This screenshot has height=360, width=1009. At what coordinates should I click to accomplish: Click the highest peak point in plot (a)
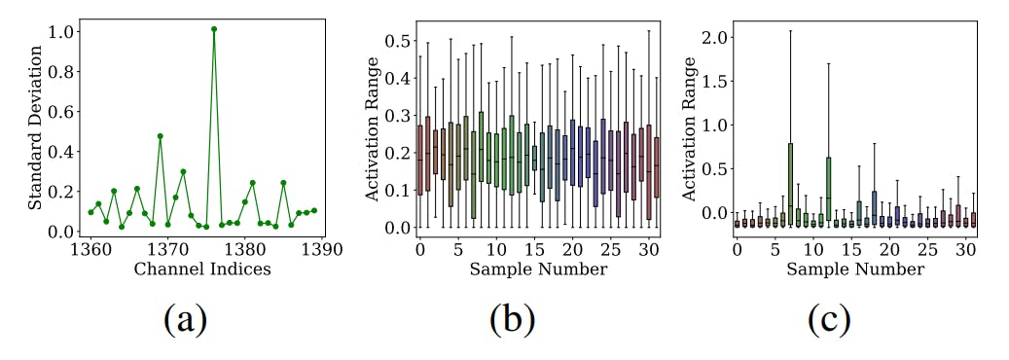(x=214, y=29)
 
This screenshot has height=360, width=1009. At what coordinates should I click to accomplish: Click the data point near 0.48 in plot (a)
(x=160, y=136)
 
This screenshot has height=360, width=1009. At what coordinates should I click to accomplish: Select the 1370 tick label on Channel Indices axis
(x=167, y=249)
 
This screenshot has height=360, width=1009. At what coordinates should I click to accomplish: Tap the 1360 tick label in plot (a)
(x=90, y=249)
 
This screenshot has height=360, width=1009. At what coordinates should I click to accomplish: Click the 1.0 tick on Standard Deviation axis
(x=61, y=31)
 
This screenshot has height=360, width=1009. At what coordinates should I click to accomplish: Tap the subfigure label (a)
(x=184, y=319)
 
